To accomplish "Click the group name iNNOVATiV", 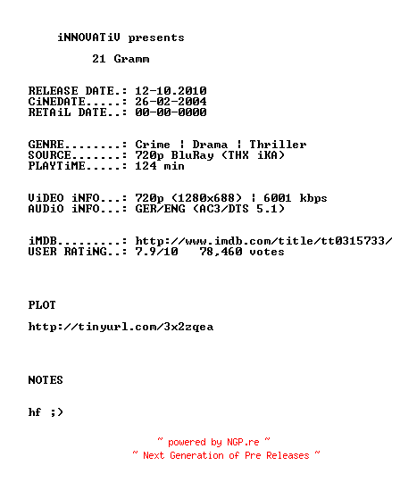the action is (x=89, y=37).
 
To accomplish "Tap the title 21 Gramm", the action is (x=121, y=58).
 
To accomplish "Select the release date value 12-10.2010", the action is (x=171, y=91).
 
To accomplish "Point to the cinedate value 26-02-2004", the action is (x=171, y=102).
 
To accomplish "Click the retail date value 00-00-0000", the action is (x=171, y=112).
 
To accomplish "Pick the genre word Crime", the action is (x=153, y=145).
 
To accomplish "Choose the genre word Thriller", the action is (x=278, y=145).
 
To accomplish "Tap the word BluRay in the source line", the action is (x=193, y=155).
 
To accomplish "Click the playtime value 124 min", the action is (x=160, y=166).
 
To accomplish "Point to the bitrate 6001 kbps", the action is (x=296, y=198).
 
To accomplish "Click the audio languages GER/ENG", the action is (x=160, y=209).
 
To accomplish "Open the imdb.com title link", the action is (x=263, y=241).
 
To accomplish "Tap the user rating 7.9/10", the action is (x=156, y=252).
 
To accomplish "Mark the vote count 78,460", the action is (x=221, y=252).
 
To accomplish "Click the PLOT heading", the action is (x=42, y=305).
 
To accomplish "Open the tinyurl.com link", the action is (x=121, y=327).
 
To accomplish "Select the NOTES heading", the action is (x=46, y=380).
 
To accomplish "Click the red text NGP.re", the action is (x=243, y=442).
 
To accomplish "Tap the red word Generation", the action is (x=196, y=455).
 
